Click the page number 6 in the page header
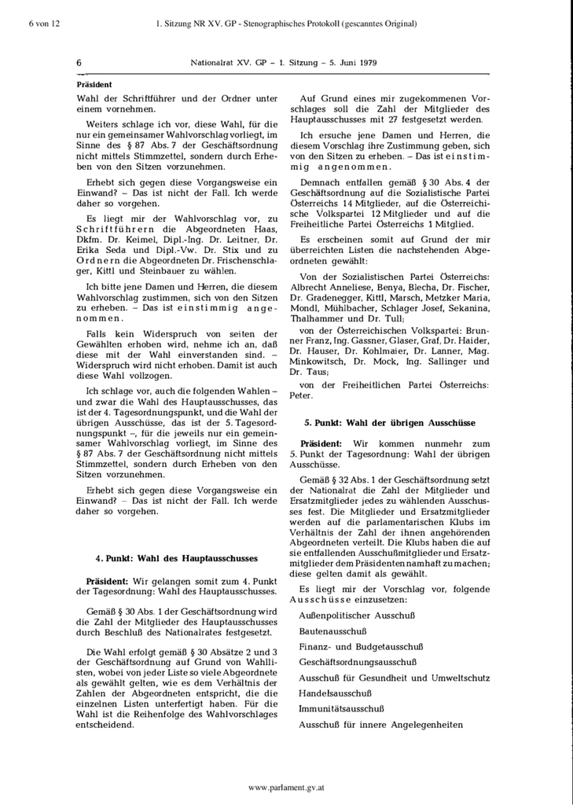(79, 61)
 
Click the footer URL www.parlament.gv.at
(286, 787)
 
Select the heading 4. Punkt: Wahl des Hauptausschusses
(176, 559)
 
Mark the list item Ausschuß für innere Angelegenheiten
(380, 725)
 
